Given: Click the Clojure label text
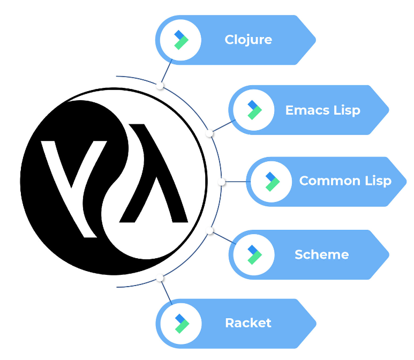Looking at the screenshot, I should tap(248, 40).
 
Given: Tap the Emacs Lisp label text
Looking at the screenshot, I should tap(322, 110).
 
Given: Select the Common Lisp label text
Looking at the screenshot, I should tap(345, 181).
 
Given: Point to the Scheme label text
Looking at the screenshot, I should tap(321, 254).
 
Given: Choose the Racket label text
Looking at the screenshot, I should tap(248, 323).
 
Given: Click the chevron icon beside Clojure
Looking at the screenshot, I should tap(181, 40).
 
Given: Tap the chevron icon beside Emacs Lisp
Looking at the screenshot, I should tap(254, 110).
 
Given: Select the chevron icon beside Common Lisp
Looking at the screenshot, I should tap(272, 182).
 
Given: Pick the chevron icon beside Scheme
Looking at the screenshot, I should tap(254, 254).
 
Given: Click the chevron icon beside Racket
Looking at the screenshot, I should tap(181, 324).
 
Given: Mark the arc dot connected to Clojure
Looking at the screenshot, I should tap(160, 85).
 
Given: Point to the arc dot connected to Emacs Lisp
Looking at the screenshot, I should tap(210, 133).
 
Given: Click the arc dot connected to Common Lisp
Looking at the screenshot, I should tap(222, 182).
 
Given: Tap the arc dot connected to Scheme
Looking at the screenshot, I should tap(210, 231).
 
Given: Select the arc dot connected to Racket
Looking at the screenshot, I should tap(160, 278).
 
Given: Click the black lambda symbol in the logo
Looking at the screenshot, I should tap(155, 177).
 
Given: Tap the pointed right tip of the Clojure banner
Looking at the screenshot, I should tap(314, 40).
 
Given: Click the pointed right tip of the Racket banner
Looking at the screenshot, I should tap(314, 324).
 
